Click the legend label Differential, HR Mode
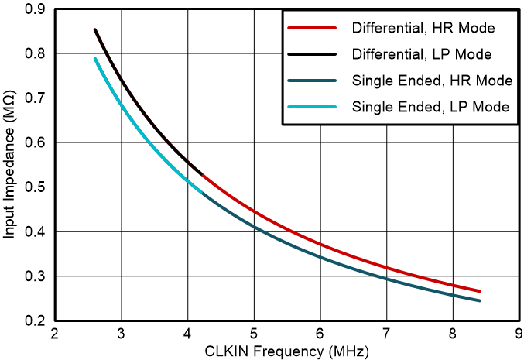pyautogui.click(x=423, y=29)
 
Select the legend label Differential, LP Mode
pyautogui.click(x=423, y=55)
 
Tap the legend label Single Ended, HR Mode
pyautogui.click(x=430, y=81)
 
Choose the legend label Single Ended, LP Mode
pyautogui.click(x=430, y=107)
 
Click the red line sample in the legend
pyautogui.click(x=313, y=29)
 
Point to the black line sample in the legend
pyautogui.click(x=313, y=55)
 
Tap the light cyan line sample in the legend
pyautogui.click(x=313, y=107)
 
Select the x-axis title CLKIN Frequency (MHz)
pyautogui.click(x=287, y=351)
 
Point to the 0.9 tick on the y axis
pyautogui.click(x=35, y=9)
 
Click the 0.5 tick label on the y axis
pyautogui.click(x=35, y=187)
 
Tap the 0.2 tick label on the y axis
pyautogui.click(x=35, y=321)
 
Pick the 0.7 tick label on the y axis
pyautogui.click(x=35, y=98)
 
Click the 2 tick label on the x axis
pyautogui.click(x=54, y=334)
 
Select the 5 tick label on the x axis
pyautogui.click(x=254, y=334)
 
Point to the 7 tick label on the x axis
pyautogui.click(x=387, y=334)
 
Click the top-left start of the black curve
pyautogui.click(x=94, y=29)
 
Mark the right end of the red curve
pyautogui.click(x=480, y=291)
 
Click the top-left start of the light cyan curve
pyautogui.click(x=94, y=59)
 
